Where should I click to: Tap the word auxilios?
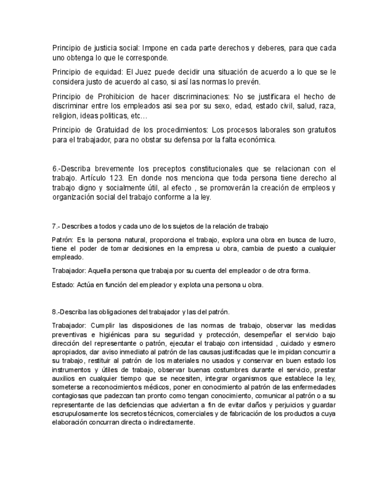[64, 369]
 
